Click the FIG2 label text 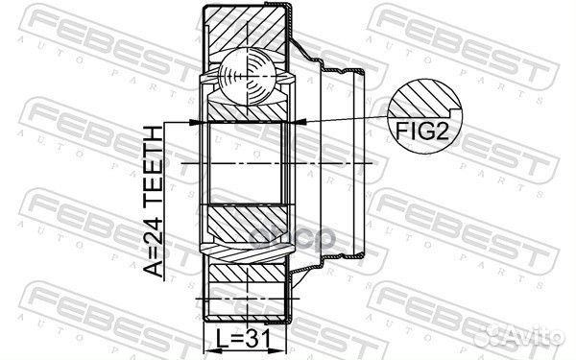coord(422,131)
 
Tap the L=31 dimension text coord(243,339)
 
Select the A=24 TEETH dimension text coord(153,202)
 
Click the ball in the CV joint coord(247,76)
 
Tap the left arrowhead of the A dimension coord(195,122)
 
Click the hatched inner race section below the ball coord(247,110)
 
